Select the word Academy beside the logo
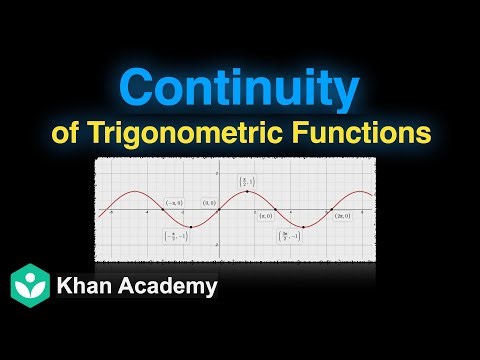(171, 286)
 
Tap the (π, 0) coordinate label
(265, 215)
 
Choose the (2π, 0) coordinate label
(342, 215)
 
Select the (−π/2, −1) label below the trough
(172, 236)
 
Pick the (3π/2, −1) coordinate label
(290, 236)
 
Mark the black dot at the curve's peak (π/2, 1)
(247, 191)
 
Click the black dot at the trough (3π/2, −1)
(303, 226)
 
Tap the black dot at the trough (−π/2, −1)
(191, 226)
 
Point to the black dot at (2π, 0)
(331, 208)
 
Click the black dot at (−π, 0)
(163, 208)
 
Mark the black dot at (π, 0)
(275, 208)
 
